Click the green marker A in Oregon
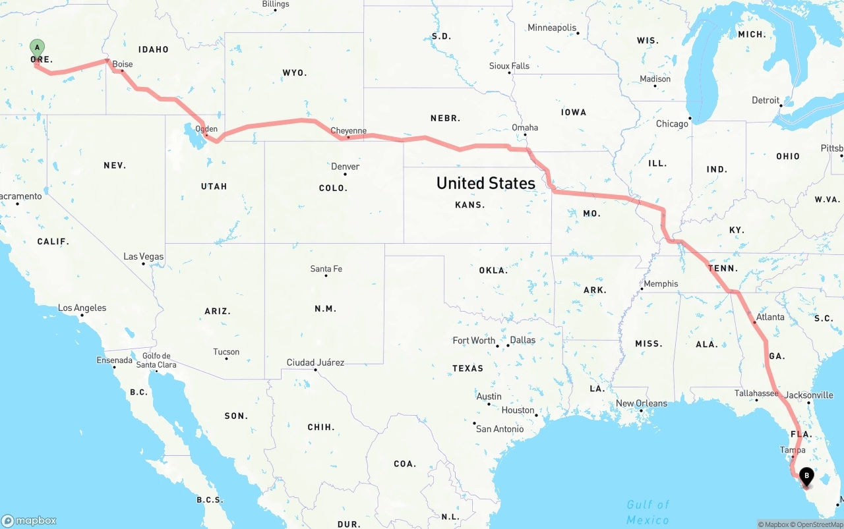[38, 48]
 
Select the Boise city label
[123, 65]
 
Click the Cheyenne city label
[348, 131]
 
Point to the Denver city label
[346, 167]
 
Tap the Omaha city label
[525, 128]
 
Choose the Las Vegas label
[144, 257]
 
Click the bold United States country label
[486, 183]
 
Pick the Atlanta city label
[770, 318]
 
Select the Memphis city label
[661, 284]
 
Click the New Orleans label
[642, 404]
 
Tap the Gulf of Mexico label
[648, 512]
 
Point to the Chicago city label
[672, 124]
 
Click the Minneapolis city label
[552, 28]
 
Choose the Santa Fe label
[326, 269]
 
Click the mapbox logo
[29, 520]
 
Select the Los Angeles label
[82, 308]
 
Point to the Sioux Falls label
[509, 66]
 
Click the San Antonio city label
[500, 430]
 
